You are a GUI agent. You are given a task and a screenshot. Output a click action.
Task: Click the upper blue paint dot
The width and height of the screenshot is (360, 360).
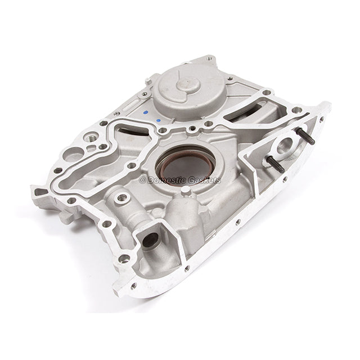click(146, 111)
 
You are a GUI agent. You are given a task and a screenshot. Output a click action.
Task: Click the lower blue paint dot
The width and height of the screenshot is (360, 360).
click(159, 120)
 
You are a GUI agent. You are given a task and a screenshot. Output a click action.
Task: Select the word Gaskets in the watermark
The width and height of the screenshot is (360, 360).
click(205, 180)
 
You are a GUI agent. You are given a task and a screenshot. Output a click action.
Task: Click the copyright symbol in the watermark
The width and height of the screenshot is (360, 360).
click(143, 180)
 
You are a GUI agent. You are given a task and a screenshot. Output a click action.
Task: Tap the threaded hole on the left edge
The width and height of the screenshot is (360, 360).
click(92, 137)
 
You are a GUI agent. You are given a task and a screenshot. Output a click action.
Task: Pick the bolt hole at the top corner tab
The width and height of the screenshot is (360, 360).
click(210, 58)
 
